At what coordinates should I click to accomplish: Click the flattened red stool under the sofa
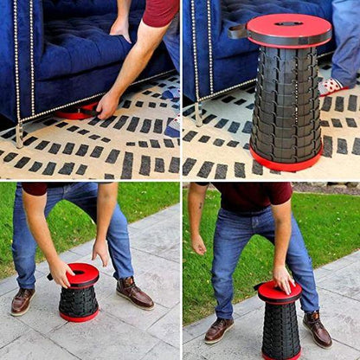coord(76,112)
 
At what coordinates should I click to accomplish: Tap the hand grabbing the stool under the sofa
coord(106,105)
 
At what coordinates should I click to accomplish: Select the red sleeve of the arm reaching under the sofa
coord(160,12)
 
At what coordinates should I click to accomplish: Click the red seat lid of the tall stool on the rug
coord(289,29)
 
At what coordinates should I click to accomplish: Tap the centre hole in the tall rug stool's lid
coord(288,22)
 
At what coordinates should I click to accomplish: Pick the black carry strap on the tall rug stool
coord(237,31)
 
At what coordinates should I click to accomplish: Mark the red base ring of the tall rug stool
coord(286,162)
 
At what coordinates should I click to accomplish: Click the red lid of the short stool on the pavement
coord(83,274)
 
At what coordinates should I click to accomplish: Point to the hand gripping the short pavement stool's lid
coord(61,273)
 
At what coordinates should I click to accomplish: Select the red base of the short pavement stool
coord(79,317)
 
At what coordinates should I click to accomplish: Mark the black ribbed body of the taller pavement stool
coord(281,330)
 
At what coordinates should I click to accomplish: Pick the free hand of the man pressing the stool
coord(199,243)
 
